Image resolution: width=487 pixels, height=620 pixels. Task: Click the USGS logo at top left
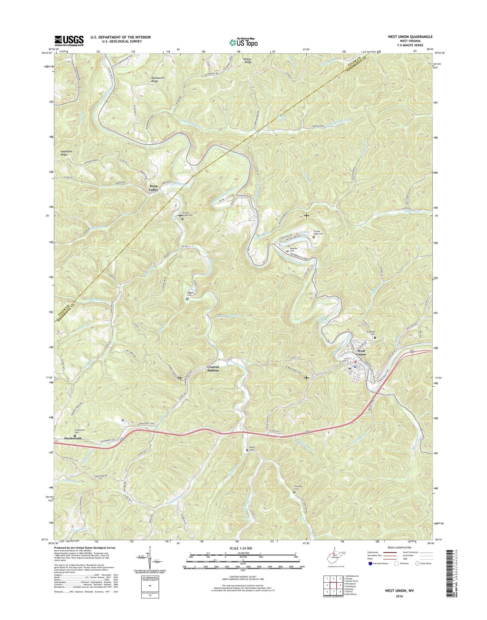click(x=69, y=41)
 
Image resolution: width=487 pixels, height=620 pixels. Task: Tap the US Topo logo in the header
click(x=243, y=42)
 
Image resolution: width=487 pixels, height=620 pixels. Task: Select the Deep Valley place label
click(x=154, y=188)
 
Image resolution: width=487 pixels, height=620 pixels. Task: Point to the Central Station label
click(x=213, y=369)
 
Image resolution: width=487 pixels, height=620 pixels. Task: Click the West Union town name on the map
click(x=361, y=352)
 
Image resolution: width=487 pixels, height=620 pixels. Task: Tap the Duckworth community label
click(x=72, y=438)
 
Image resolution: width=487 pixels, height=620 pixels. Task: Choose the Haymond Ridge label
click(x=66, y=153)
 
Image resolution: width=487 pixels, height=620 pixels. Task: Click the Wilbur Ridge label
click(x=247, y=61)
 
